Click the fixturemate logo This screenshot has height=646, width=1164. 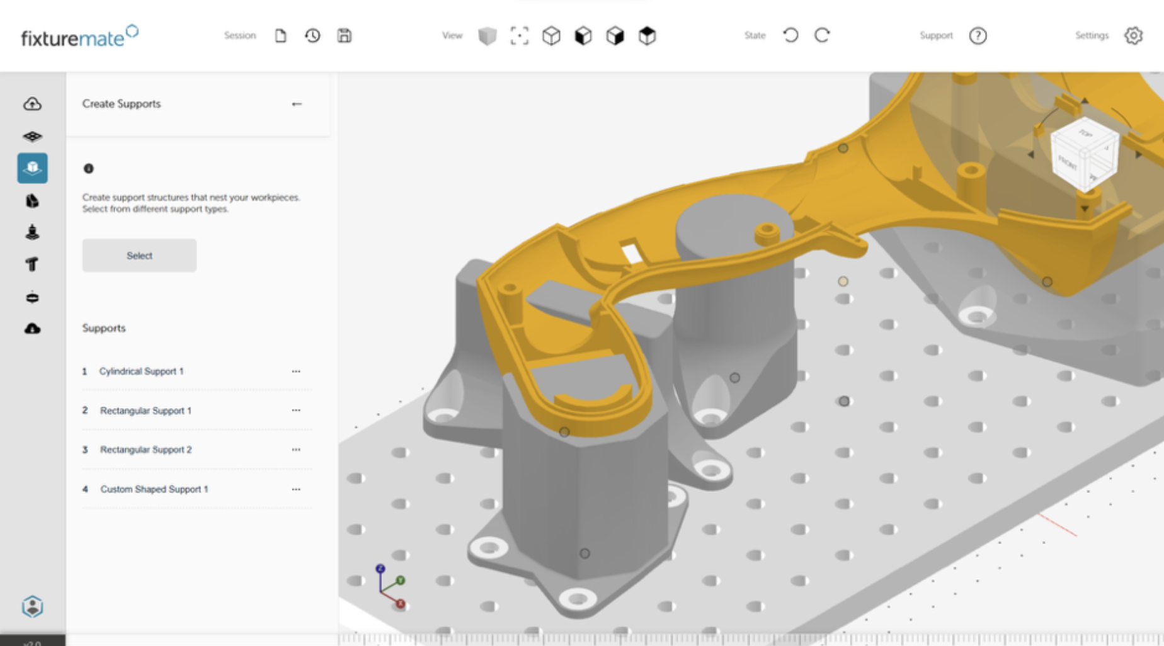[79, 37]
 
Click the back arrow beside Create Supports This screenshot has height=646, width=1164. [297, 104]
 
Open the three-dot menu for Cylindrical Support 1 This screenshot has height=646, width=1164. [296, 371]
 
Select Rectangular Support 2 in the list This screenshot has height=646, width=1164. [145, 450]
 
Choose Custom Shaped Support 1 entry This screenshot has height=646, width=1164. [154, 489]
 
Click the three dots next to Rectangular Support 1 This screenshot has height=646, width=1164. [296, 411]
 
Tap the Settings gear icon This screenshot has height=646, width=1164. [1133, 36]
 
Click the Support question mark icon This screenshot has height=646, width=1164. [978, 36]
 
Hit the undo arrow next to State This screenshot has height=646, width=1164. [790, 35]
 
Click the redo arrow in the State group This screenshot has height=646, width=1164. [822, 35]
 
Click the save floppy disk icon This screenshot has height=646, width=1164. [344, 36]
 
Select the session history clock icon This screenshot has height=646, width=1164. [312, 36]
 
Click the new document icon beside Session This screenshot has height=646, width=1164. [280, 36]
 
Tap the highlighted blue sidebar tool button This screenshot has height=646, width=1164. [32, 168]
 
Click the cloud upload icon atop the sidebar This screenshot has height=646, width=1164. [32, 104]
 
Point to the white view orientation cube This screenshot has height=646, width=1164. [1085, 155]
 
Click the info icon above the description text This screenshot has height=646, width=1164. [89, 169]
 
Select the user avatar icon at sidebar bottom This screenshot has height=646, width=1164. [32, 606]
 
